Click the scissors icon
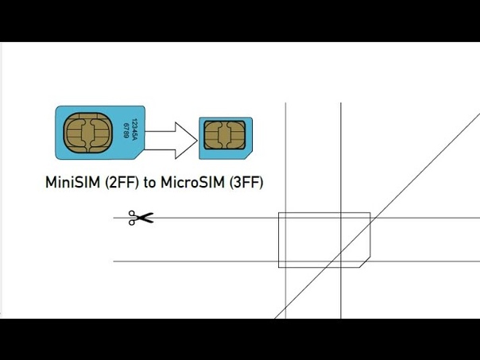click(x=141, y=218)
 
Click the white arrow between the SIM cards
click(x=171, y=141)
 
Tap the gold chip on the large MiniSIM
click(x=88, y=133)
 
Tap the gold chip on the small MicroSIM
click(x=225, y=135)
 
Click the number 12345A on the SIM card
click(x=134, y=130)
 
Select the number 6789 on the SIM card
click(x=126, y=130)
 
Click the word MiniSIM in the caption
click(x=72, y=182)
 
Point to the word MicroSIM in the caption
click(x=193, y=182)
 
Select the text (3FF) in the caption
click(x=246, y=183)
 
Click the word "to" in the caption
click(x=150, y=183)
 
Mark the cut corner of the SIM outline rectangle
click(x=365, y=262)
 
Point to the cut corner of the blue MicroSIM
click(x=249, y=155)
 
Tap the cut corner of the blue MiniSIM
click(x=140, y=155)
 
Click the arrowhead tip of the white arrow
click(x=197, y=141)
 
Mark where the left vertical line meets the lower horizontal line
click(x=285, y=261)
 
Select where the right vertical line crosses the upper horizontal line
click(x=341, y=218)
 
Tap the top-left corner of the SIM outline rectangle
click(x=279, y=212)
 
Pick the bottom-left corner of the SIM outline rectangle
click(x=279, y=268)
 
